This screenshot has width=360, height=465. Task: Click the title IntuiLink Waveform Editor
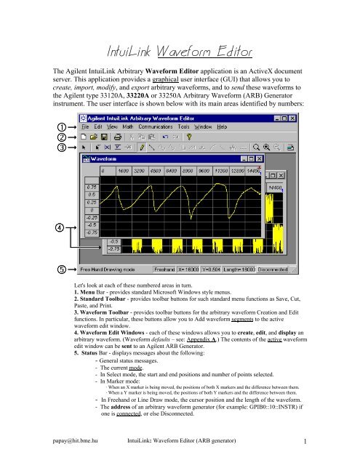(x=179, y=52)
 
